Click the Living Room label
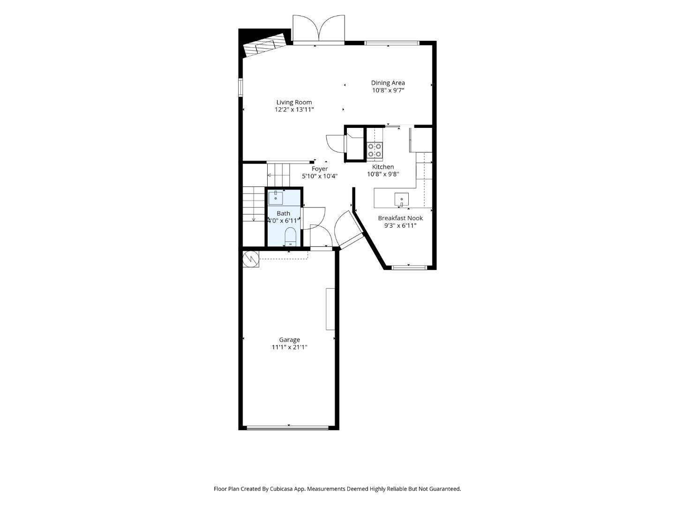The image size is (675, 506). [x=294, y=102]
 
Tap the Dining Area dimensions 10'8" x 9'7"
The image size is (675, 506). [x=388, y=90]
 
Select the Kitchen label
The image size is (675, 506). [x=383, y=167]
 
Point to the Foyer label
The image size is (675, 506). [x=320, y=169]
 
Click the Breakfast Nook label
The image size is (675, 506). [x=400, y=218]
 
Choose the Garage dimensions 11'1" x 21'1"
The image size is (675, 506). [x=289, y=347]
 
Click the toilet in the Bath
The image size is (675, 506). [x=290, y=237]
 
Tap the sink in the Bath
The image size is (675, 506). [x=276, y=198]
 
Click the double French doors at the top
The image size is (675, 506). [x=319, y=29]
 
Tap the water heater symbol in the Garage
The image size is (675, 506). [x=251, y=259]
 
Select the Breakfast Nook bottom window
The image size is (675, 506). [x=409, y=267]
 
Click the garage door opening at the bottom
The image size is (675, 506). [x=288, y=428]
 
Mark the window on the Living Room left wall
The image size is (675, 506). [x=241, y=88]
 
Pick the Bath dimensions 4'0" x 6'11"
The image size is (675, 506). [x=283, y=221]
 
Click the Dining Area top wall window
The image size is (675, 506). [x=391, y=43]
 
